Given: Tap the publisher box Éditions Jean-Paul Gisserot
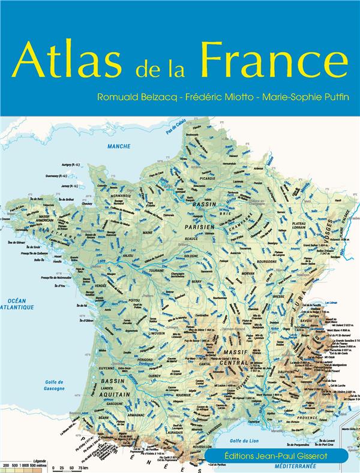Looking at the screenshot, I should pos(277,456).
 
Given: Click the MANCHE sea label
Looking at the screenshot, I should pos(119,146).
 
